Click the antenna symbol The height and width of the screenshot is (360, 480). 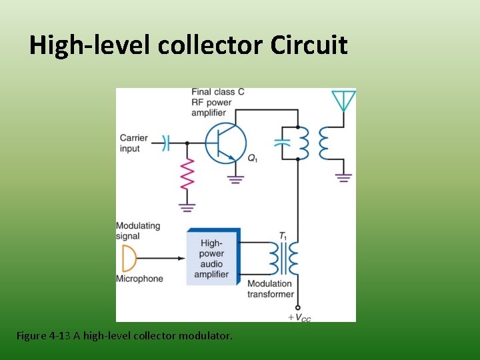(x=343, y=101)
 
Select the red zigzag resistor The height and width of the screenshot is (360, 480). (x=187, y=174)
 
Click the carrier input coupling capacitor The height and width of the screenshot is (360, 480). (x=167, y=143)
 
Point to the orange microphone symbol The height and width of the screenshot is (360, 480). (x=128, y=258)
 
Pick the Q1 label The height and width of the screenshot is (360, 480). (x=253, y=158)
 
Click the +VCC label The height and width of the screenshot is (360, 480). (x=299, y=317)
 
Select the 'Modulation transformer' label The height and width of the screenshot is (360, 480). (x=270, y=289)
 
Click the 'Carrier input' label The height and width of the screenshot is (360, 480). (x=134, y=143)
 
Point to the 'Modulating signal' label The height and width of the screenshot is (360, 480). (x=138, y=231)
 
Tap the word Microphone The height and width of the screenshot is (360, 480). (x=139, y=279)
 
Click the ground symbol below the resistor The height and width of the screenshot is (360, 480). (x=187, y=208)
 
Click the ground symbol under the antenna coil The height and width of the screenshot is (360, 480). (x=343, y=177)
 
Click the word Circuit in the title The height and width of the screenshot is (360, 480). (x=309, y=45)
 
